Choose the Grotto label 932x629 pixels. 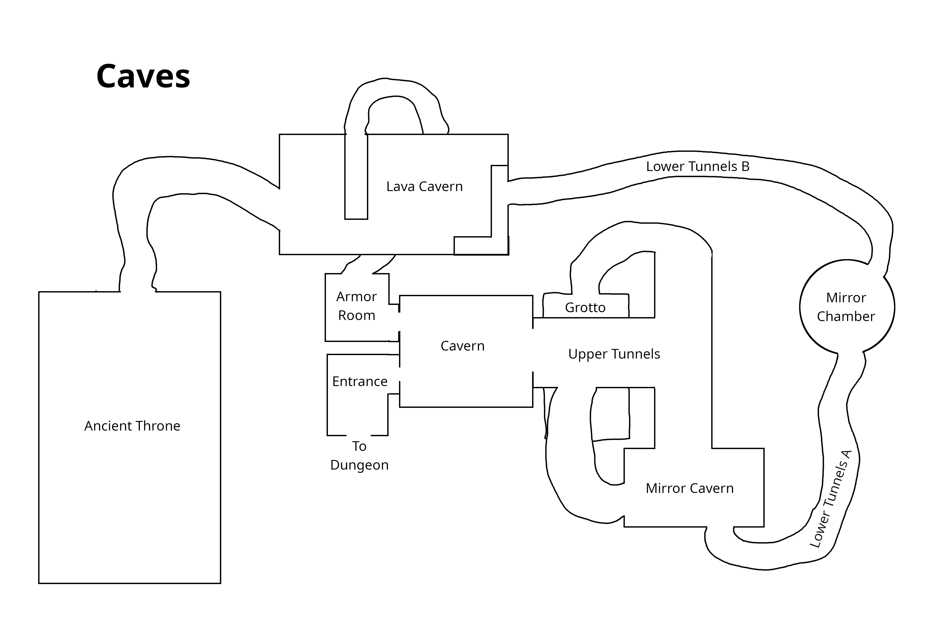(585, 308)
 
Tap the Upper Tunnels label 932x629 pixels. (614, 354)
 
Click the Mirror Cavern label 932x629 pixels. (689, 488)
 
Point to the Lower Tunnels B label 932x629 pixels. (697, 166)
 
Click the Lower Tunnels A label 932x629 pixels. (830, 499)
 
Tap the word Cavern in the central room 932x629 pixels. (462, 346)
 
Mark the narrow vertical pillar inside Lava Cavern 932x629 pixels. (356, 176)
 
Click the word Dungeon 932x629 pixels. (359, 465)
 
